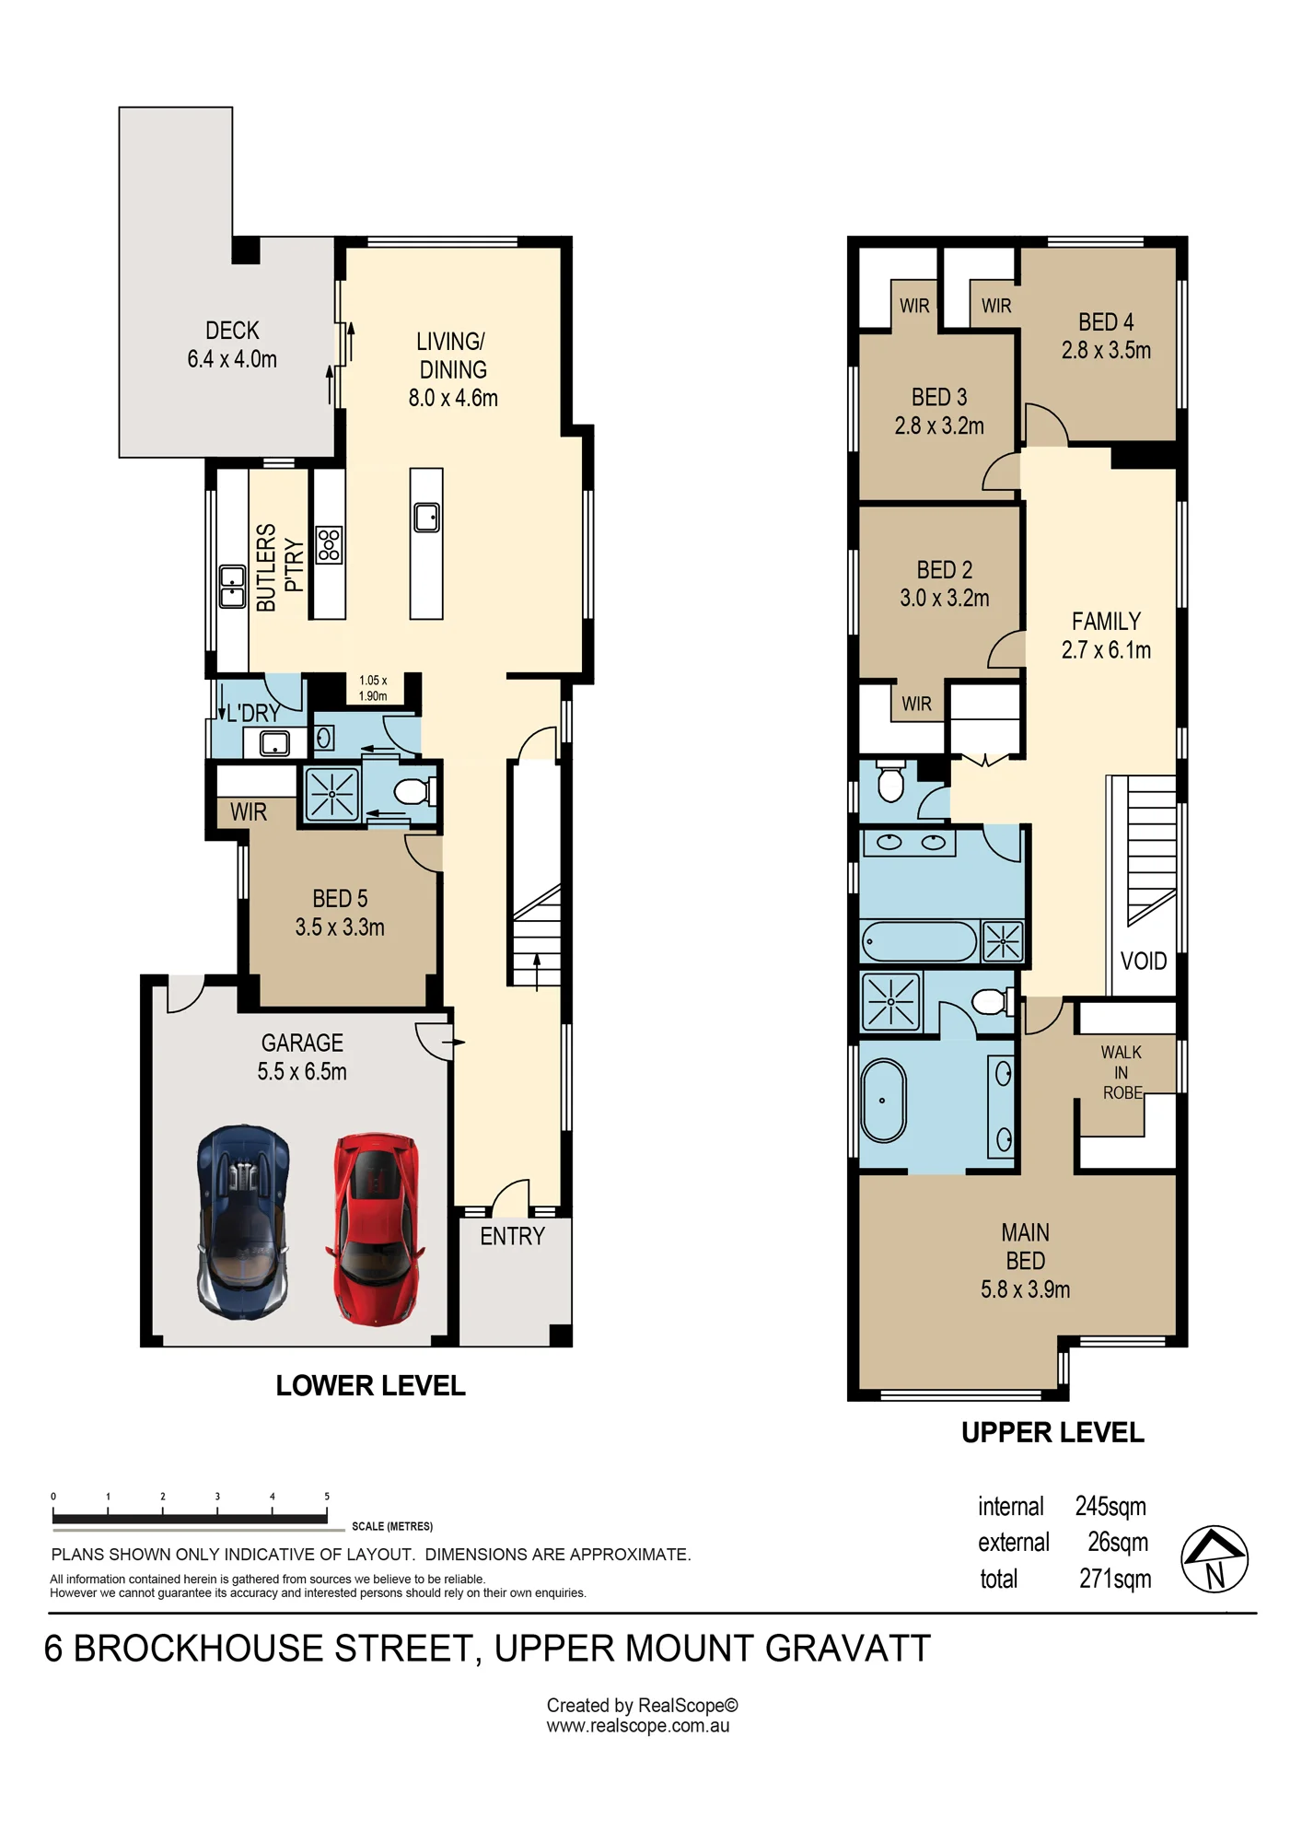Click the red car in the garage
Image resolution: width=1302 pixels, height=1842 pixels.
point(376,1229)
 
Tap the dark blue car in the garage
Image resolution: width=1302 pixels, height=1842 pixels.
point(244,1221)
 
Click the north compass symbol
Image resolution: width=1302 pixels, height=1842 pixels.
point(1215,1559)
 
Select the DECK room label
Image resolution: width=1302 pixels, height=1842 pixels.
point(232,330)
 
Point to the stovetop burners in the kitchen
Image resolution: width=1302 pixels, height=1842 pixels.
point(329,544)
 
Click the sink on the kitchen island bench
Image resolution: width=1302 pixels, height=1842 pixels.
point(426,517)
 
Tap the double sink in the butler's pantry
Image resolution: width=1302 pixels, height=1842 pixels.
point(232,587)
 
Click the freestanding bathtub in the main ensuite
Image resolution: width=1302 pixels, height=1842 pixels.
point(884,1101)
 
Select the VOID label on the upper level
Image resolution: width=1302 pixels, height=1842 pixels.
point(1144,961)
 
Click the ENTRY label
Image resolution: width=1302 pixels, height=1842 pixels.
point(512,1236)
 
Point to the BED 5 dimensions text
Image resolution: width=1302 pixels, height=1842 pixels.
point(340,927)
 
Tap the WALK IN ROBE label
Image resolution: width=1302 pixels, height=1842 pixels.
point(1122,1072)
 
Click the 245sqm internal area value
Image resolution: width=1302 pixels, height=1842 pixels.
point(1110,1507)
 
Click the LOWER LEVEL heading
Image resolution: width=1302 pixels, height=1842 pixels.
point(370,1385)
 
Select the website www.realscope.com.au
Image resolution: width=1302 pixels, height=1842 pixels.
point(638,1726)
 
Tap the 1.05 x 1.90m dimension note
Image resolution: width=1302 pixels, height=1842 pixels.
point(373,688)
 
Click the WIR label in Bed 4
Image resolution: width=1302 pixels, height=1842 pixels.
point(996,306)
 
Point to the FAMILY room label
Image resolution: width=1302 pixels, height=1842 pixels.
point(1106,621)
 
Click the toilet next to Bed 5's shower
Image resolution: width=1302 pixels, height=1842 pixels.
point(413,791)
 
